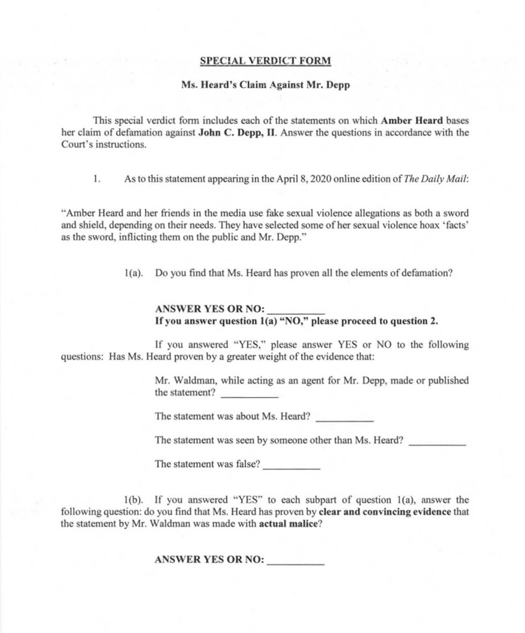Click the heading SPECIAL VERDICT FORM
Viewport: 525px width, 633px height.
[x=265, y=61]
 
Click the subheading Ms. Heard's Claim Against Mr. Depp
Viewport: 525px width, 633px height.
[x=265, y=85]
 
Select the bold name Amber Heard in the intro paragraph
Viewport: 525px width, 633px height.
[x=412, y=121]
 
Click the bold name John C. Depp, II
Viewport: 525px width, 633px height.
[x=237, y=133]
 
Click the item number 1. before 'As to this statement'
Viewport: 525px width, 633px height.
[x=97, y=179]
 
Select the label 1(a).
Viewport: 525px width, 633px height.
[x=133, y=273]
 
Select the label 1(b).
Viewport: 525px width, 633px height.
[x=133, y=500]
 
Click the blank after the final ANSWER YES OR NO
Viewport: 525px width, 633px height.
[x=296, y=561]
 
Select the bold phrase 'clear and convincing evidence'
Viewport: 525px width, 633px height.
[x=385, y=512]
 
